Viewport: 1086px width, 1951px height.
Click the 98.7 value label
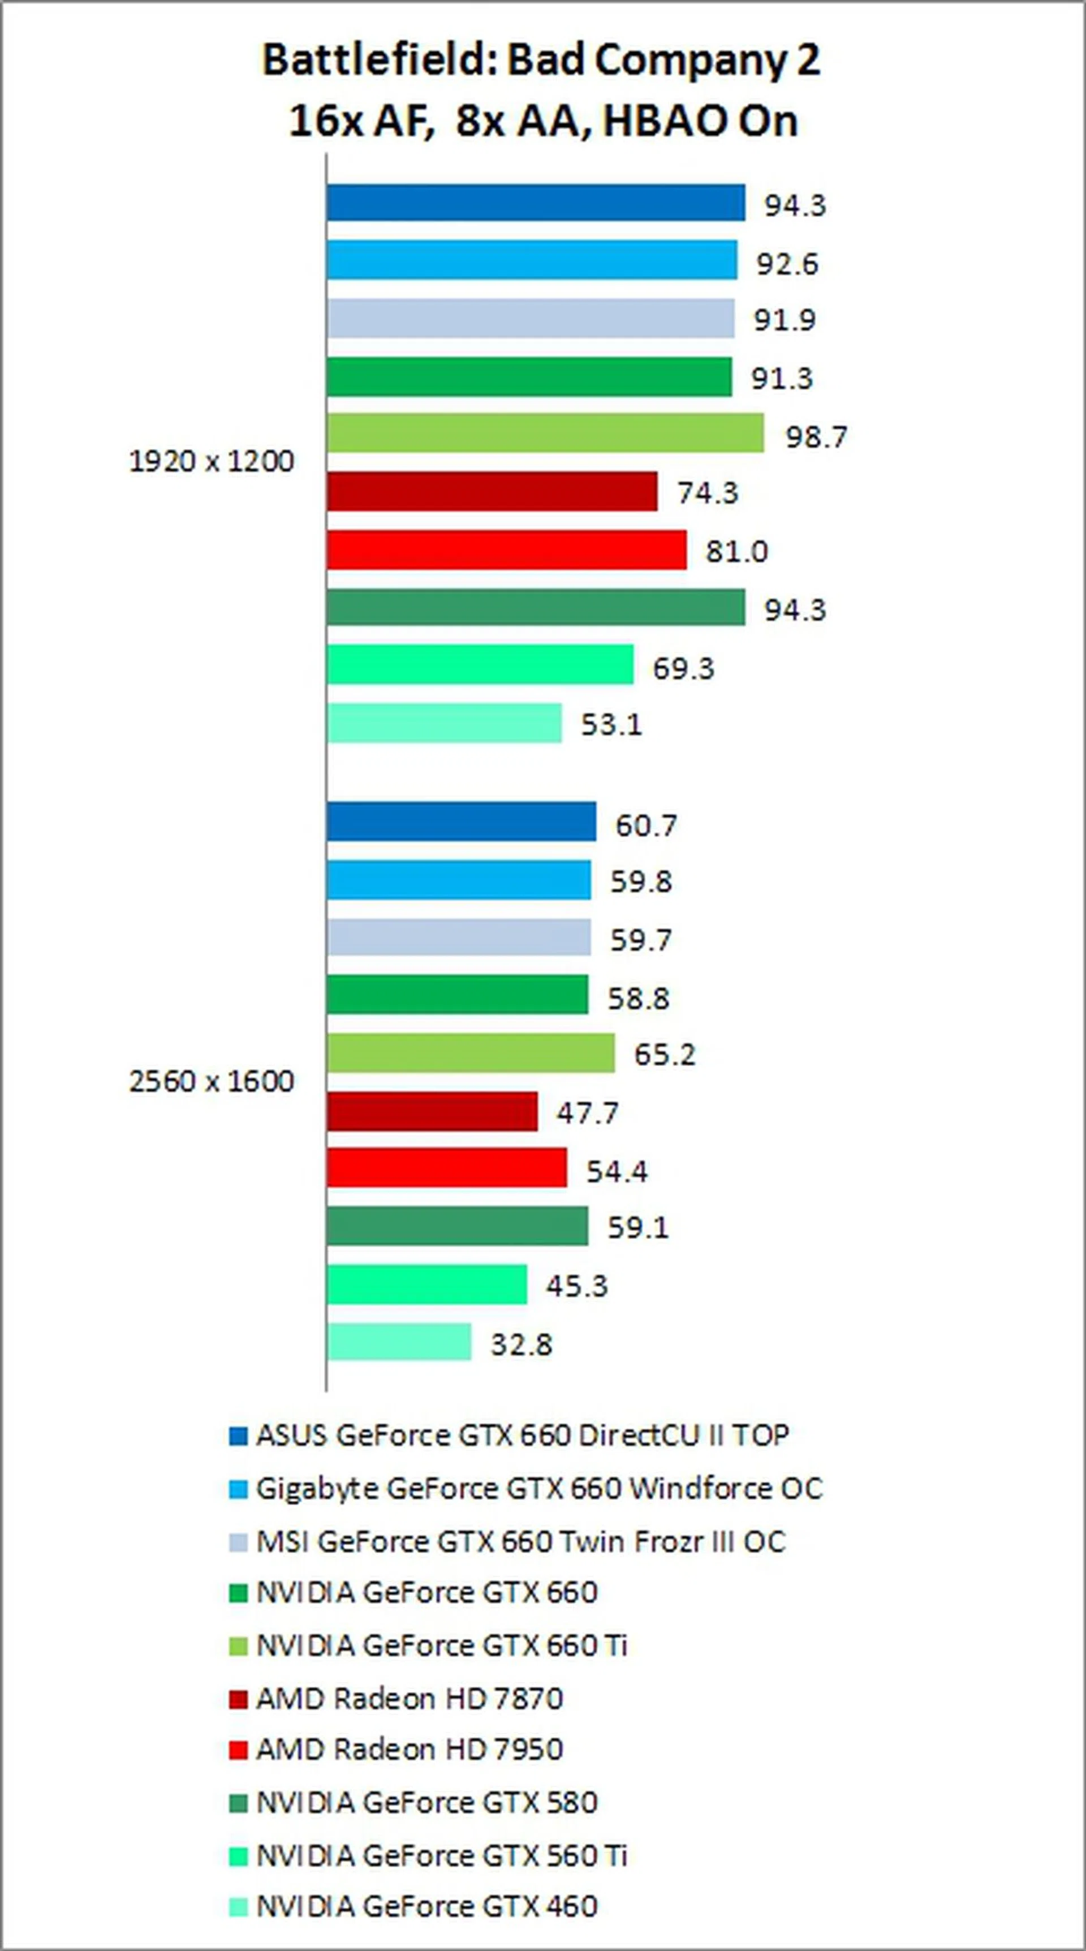[816, 437]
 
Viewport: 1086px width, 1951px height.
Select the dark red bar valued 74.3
[492, 492]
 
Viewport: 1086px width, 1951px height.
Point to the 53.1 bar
[444, 723]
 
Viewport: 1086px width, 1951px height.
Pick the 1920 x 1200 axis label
[212, 461]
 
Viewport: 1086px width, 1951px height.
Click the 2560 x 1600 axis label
[212, 1081]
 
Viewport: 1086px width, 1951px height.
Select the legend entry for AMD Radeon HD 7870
[409, 1699]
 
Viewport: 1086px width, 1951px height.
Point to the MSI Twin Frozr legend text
[521, 1541]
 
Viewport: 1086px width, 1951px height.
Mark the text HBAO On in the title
[700, 121]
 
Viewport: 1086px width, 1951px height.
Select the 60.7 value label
[645, 825]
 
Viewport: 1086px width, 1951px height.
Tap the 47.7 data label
[587, 1112]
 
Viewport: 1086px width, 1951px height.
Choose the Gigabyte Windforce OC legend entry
[538, 1488]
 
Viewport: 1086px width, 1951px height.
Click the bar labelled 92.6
[531, 260]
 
